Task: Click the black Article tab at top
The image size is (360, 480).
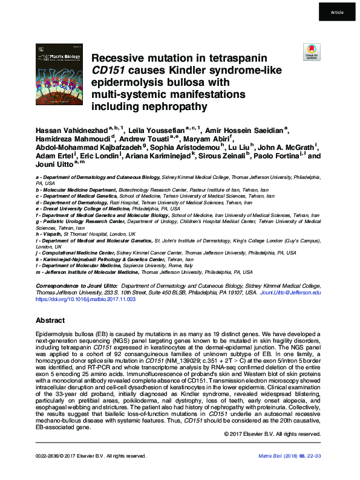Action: pyautogui.click(x=337, y=12)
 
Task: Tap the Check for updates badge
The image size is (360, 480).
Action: pyautogui.click(x=312, y=53)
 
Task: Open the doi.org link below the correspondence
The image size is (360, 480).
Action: pyautogui.click(x=85, y=299)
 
